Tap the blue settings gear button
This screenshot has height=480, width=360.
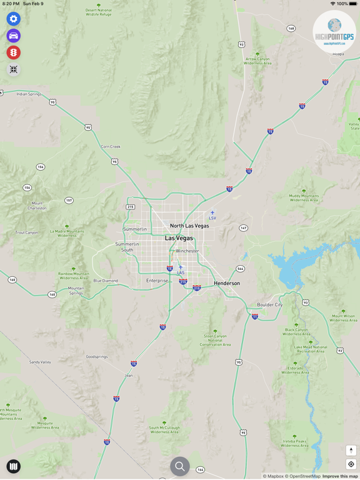[13, 19]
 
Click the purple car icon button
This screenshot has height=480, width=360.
[13, 36]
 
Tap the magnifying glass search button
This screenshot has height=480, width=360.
[180, 466]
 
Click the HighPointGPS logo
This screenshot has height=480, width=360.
[334, 32]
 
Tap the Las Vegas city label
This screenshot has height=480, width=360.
[179, 238]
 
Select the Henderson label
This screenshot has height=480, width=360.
[227, 283]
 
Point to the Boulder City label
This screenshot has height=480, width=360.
[270, 305]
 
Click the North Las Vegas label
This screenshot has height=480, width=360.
[189, 226]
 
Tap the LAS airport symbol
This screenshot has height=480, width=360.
[181, 268]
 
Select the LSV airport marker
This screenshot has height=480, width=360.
[212, 214]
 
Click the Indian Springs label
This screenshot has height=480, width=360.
[29, 94]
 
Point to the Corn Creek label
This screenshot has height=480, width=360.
[111, 146]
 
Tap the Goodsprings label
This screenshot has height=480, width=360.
[97, 357]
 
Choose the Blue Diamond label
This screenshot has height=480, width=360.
[106, 281]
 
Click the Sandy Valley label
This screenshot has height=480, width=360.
[40, 362]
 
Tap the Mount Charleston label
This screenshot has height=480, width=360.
[37, 206]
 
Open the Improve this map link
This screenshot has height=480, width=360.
[340, 476]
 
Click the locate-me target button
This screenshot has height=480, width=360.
[351, 464]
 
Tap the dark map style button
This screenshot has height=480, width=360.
[13, 466]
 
